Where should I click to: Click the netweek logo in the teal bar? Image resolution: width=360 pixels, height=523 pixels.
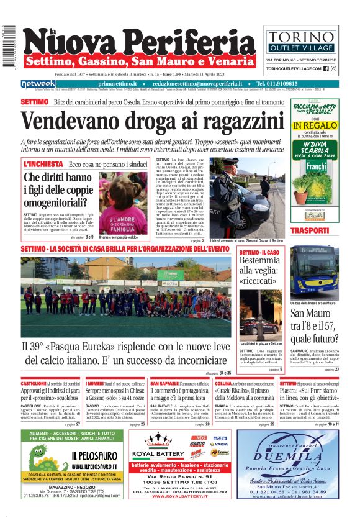tap(38, 84)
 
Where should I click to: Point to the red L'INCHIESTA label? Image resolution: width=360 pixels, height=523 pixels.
tap(43, 164)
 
